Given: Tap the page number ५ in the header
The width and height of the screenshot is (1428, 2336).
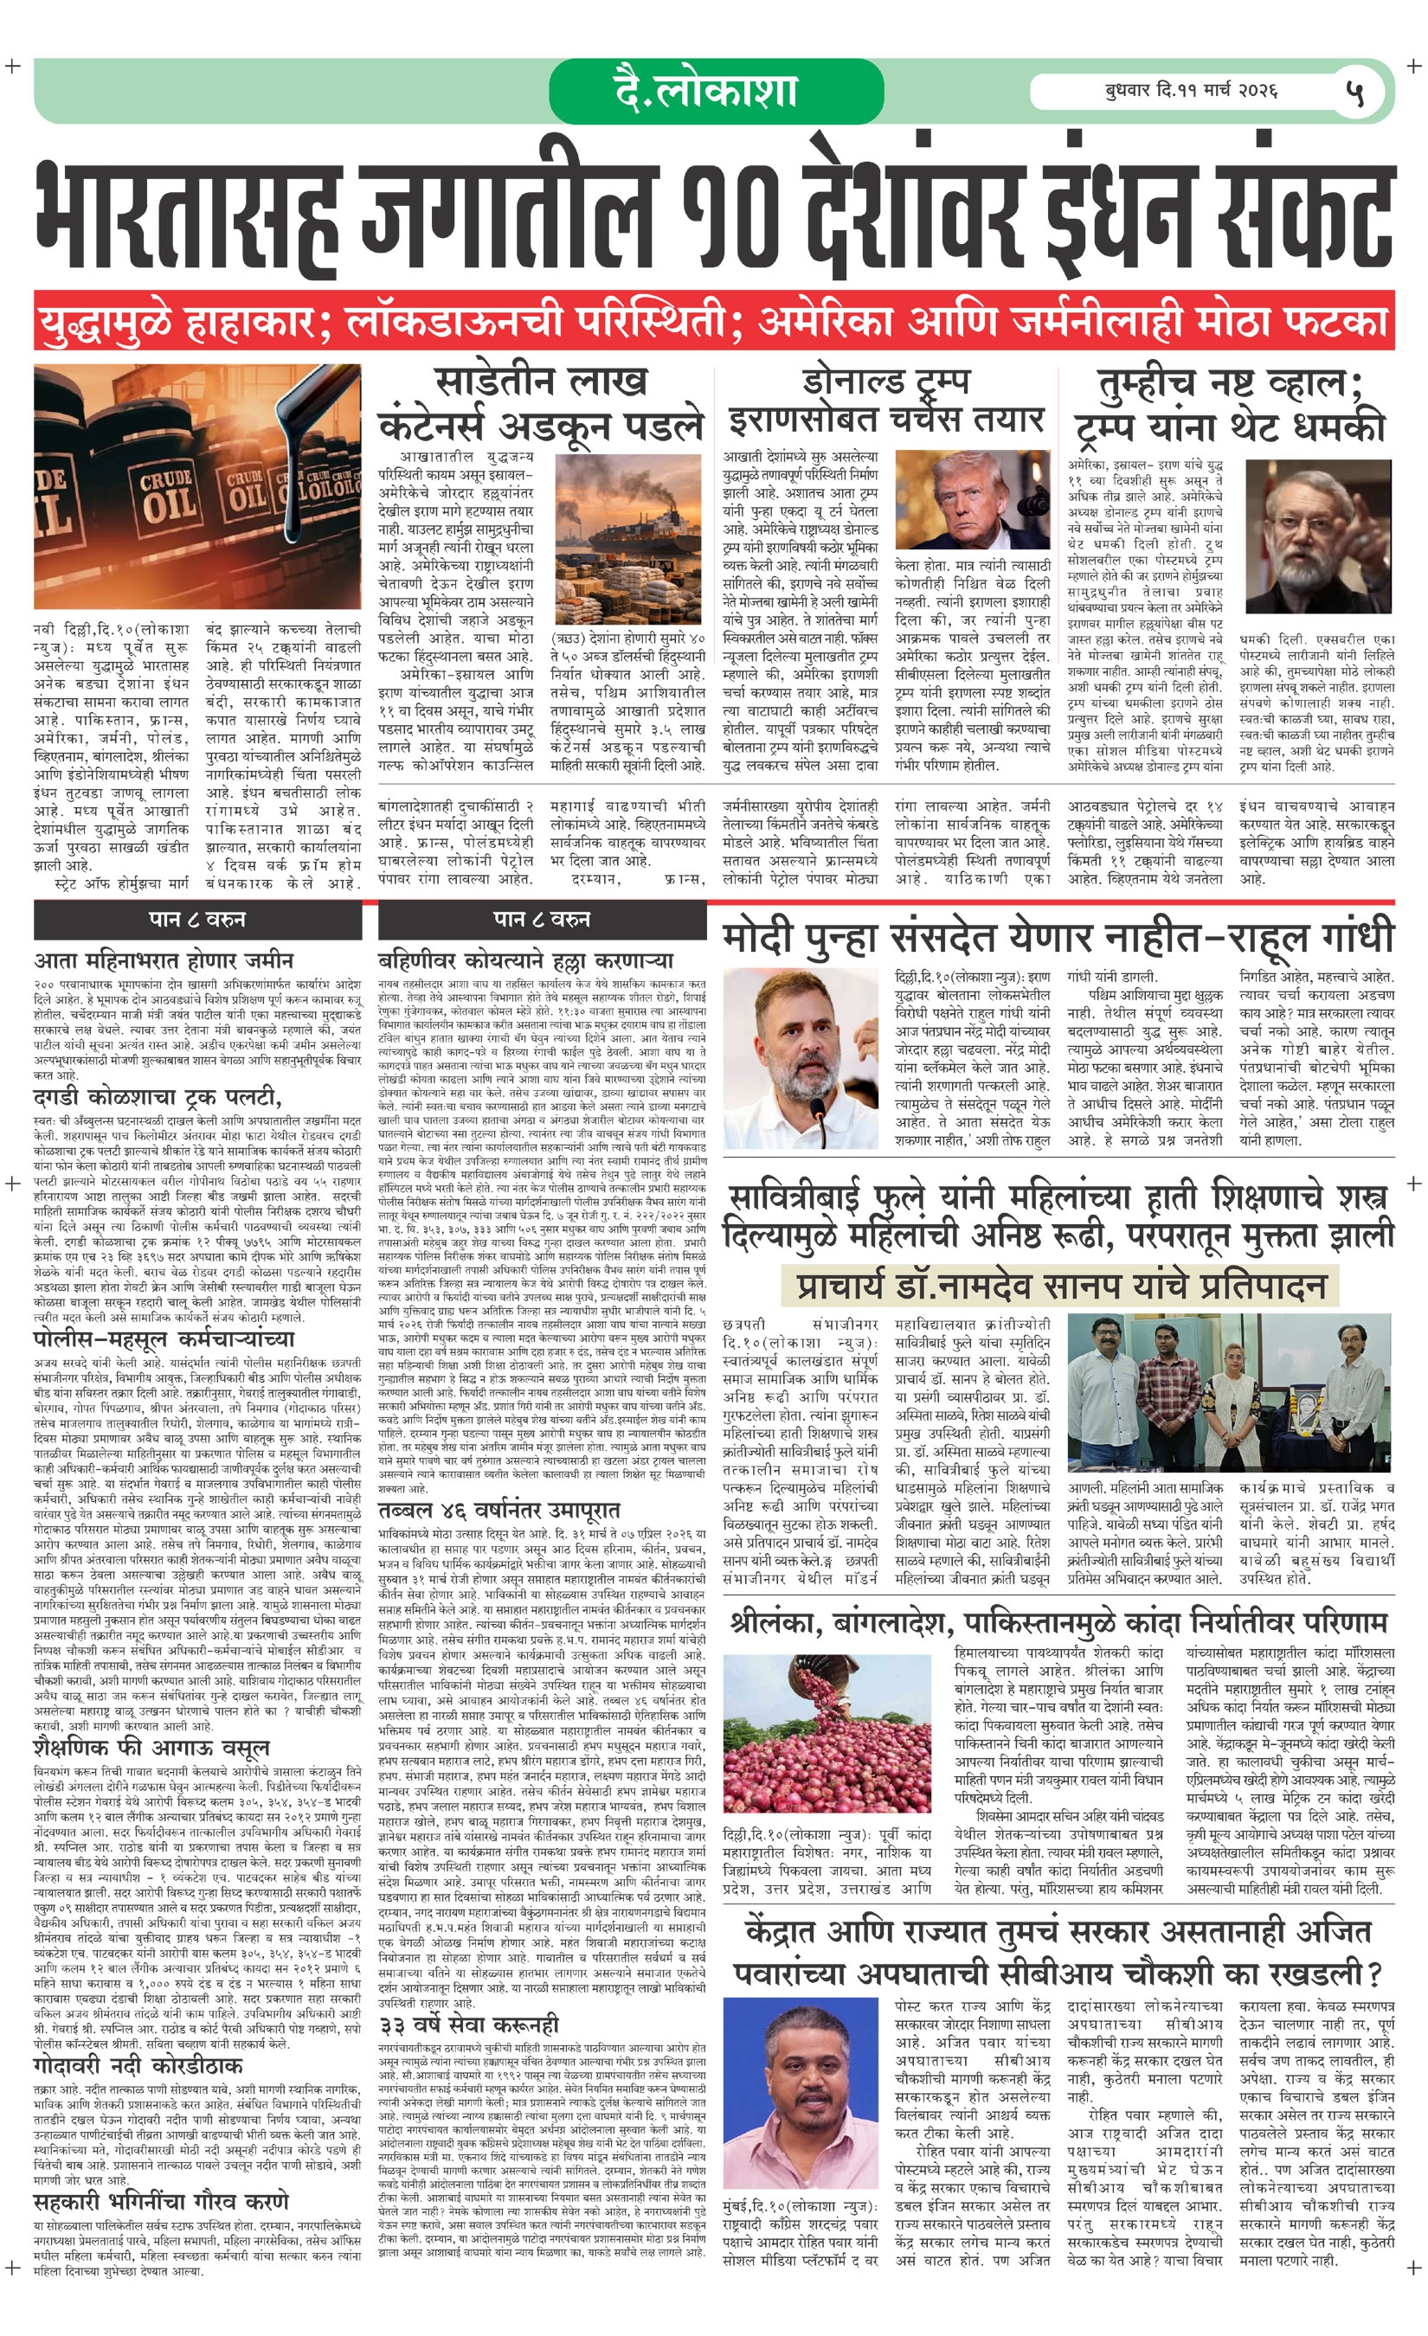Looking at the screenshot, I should point(1355,93).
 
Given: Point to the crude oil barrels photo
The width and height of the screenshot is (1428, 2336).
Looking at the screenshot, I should point(197,485).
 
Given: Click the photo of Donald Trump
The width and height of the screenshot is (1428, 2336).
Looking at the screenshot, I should point(971,501).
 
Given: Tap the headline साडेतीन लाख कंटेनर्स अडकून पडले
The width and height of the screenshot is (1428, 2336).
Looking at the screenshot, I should point(541,403).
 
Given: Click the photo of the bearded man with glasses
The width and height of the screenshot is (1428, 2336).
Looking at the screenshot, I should point(1318,536).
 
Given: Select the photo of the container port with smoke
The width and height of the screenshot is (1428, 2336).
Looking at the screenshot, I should point(627,537).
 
